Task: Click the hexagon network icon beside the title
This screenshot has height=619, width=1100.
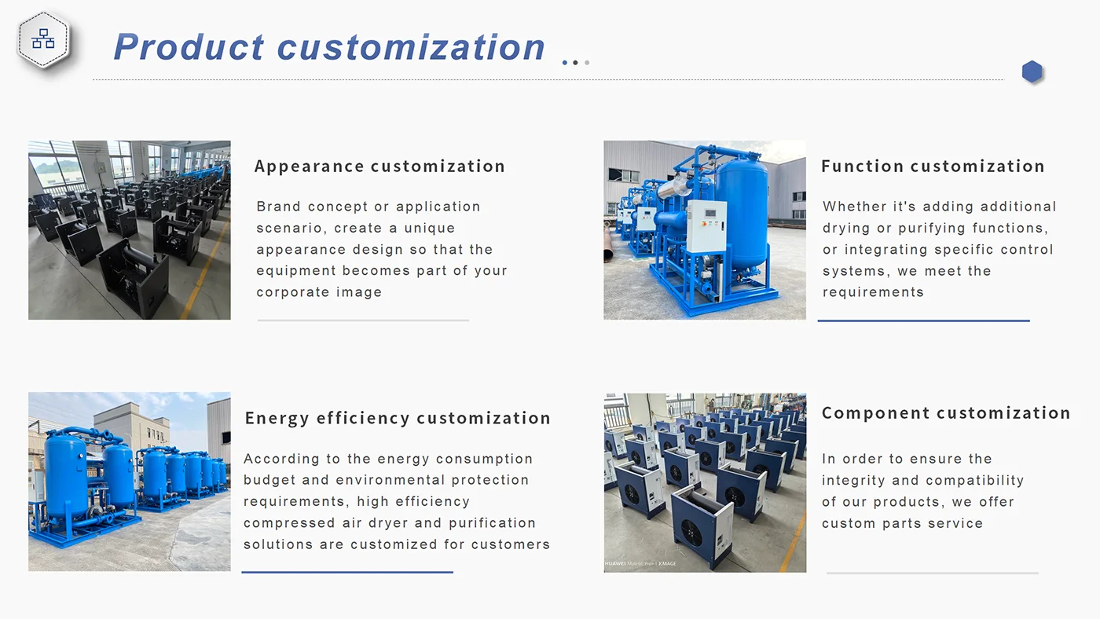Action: pos(44,38)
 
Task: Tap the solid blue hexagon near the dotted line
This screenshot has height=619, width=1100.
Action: pos(1032,71)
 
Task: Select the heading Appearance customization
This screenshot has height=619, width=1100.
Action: pos(379,167)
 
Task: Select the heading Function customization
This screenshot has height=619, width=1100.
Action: pos(933,166)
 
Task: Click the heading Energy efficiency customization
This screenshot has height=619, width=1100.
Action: pos(398,418)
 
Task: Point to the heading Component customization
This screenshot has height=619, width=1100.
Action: pos(946,413)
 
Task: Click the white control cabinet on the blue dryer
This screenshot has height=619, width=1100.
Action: pos(706,226)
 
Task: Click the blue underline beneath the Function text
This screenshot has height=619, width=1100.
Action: pos(924,320)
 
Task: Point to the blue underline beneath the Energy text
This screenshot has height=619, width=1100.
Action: pos(347,572)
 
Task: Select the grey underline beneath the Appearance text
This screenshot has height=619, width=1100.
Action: pos(363,320)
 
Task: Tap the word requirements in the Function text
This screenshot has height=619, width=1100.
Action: pos(873,292)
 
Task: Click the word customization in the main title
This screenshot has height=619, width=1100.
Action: pos(411,47)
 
